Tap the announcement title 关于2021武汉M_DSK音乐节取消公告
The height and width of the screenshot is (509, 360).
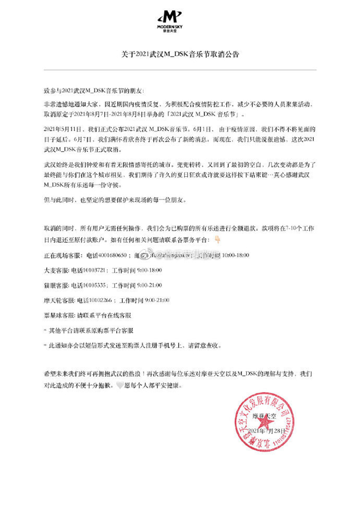pos(180,53)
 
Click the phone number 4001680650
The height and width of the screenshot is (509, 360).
pos(118,254)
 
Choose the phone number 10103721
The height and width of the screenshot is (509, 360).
pos(96,269)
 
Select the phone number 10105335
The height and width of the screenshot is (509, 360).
pos(96,284)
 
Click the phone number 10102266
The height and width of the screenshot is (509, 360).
pos(103,299)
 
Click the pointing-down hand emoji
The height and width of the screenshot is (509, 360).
pos(217,240)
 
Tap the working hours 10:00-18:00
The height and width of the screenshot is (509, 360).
pos(235,254)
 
